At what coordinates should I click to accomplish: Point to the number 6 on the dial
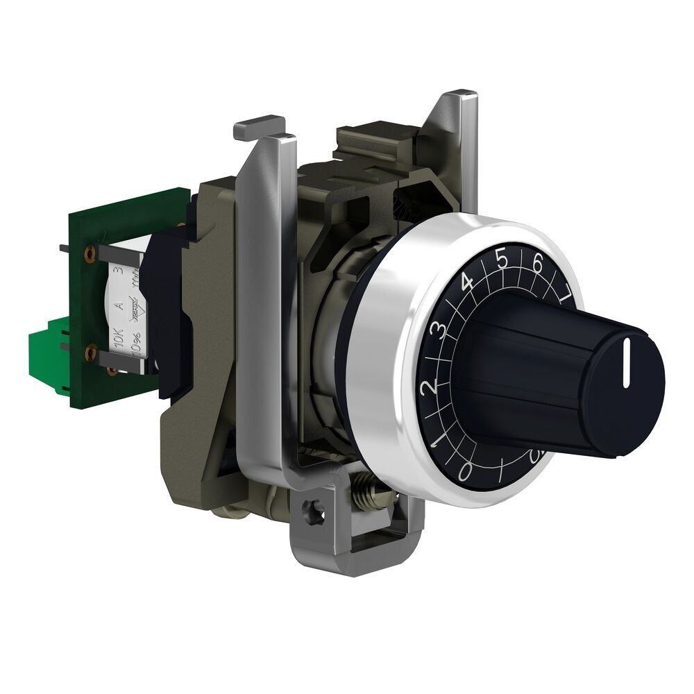pos(537,264)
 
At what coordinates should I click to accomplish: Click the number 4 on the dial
pos(467,285)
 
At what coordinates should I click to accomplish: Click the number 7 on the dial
pos(566,287)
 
